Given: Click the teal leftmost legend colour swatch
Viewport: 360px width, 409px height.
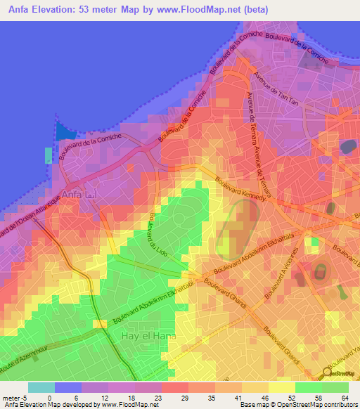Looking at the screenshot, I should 41,387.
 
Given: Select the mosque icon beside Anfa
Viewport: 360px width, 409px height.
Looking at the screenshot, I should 90,193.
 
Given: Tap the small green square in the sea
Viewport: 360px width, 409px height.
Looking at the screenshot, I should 48,155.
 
